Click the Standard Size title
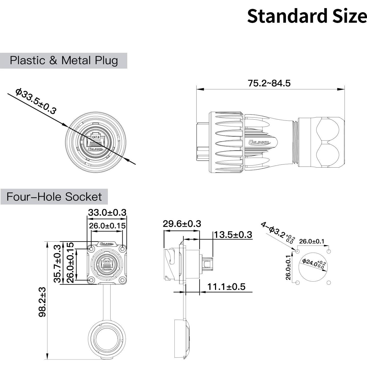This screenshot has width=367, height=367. pos(307,16)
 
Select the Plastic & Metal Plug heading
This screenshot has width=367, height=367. pos(64,61)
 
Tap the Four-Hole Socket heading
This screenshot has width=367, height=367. pos(54,197)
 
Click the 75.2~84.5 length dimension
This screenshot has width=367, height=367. pos(269,83)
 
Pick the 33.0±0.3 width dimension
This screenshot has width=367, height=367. pos(107,212)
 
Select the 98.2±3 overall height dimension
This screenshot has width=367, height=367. pos(42,302)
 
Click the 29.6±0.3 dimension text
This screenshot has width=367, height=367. pos(182,224)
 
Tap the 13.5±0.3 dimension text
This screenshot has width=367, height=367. pos(233,235)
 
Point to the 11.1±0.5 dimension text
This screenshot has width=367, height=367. pos(226,287)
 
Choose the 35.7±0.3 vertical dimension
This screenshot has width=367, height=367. pos(58,264)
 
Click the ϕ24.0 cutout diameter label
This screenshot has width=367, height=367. pos(314,263)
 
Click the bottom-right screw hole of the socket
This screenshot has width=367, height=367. pos(122,281)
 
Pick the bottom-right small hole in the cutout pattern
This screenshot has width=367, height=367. pos(329,283)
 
